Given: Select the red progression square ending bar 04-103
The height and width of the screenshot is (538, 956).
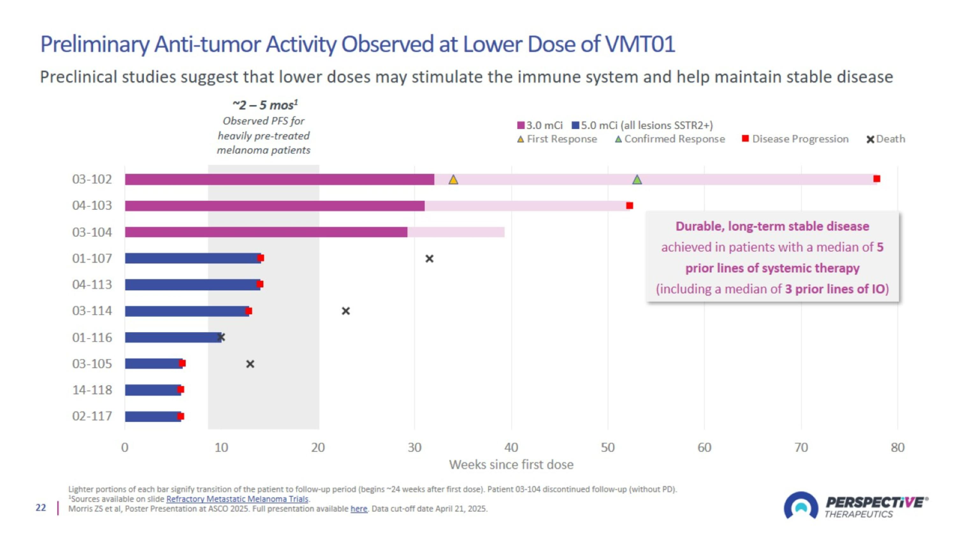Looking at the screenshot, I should (629, 205).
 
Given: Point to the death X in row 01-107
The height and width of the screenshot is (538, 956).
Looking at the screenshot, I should (429, 258).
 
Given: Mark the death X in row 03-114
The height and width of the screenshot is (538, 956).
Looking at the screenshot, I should (345, 311).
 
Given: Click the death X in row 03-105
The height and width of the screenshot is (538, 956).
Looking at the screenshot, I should (250, 364).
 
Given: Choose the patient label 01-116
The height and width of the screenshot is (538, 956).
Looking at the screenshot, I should (92, 337).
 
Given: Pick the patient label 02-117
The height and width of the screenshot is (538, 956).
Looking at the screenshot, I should (92, 416).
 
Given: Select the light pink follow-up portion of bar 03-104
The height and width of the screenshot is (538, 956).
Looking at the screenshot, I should (456, 232).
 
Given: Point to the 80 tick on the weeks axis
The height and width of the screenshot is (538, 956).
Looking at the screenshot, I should (897, 447).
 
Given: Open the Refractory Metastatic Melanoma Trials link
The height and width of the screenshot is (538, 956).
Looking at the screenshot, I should (237, 499).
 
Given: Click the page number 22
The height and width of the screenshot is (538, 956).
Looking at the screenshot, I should (41, 508).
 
